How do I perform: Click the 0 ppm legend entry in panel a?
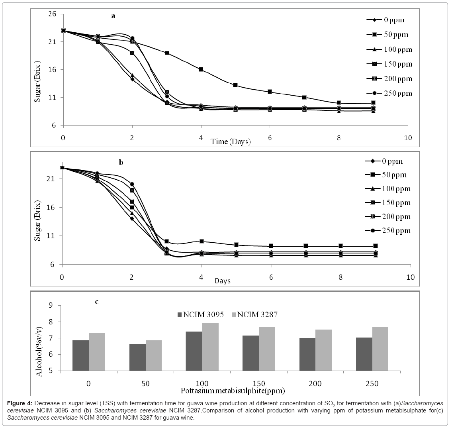[x=389, y=20]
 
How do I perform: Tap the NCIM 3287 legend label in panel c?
[x=257, y=315]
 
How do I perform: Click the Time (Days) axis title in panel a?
[x=231, y=141]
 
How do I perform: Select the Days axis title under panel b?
[x=223, y=281]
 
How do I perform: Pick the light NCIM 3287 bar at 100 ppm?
[x=210, y=347]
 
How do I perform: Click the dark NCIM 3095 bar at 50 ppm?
[x=137, y=357]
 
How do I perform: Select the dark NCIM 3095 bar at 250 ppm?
[x=364, y=354]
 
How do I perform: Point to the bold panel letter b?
[x=121, y=162]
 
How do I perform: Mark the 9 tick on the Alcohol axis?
[x=63, y=306]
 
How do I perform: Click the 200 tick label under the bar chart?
[x=315, y=383]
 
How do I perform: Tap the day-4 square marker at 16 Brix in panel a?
[x=201, y=69]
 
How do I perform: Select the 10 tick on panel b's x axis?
[x=410, y=277]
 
